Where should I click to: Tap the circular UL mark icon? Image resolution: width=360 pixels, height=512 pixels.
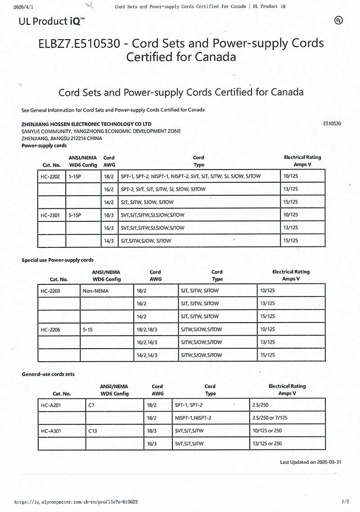click(x=338, y=20)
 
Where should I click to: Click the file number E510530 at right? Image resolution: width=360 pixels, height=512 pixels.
click(x=332, y=123)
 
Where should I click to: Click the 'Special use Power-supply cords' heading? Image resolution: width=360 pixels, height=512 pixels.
click(x=58, y=260)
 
